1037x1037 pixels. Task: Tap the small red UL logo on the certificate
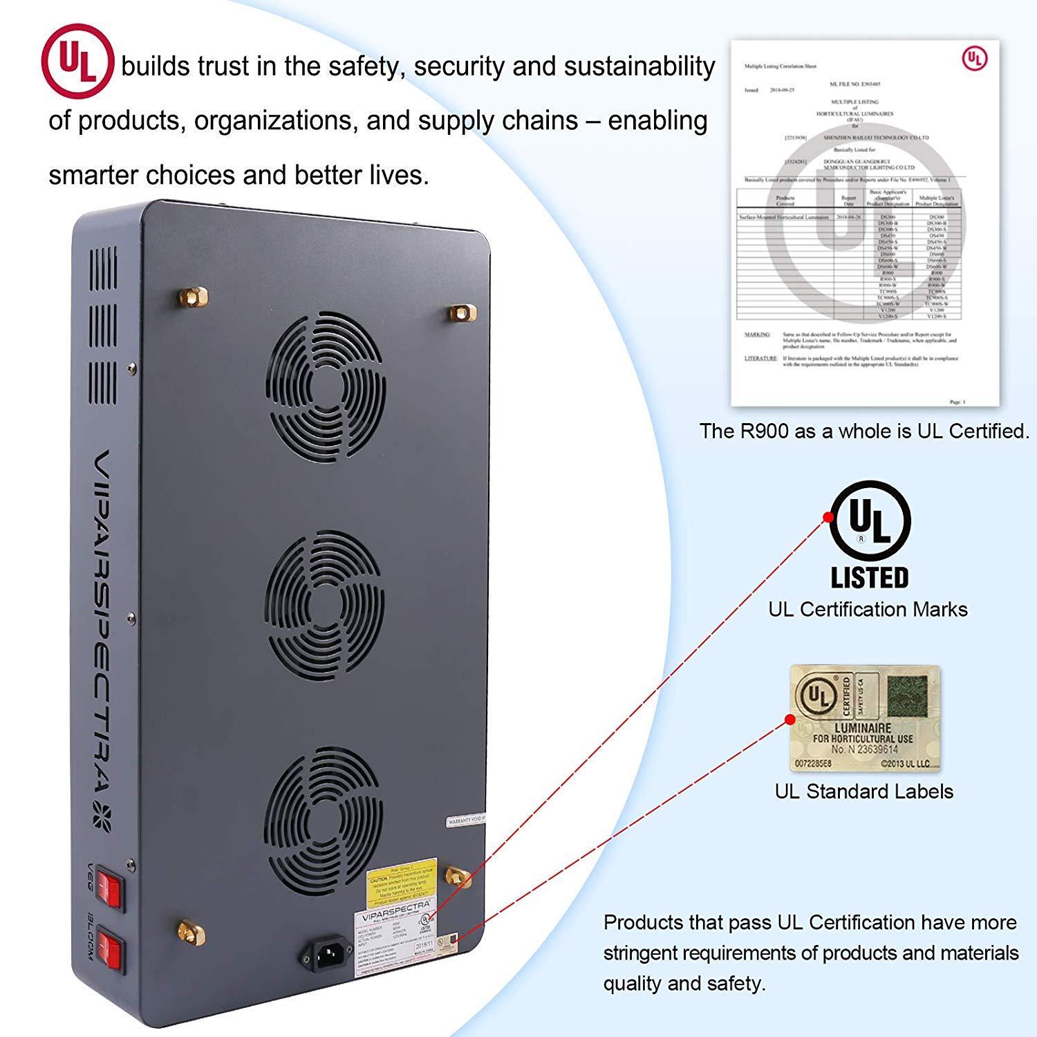tap(974, 59)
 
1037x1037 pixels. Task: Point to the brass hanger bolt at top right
tap(461, 312)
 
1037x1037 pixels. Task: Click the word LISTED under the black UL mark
tap(870, 577)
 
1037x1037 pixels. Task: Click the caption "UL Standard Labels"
tap(863, 792)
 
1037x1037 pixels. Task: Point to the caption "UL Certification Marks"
tap(868, 610)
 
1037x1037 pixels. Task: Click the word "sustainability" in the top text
tap(639, 66)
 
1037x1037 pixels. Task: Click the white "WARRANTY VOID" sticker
tap(467, 822)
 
